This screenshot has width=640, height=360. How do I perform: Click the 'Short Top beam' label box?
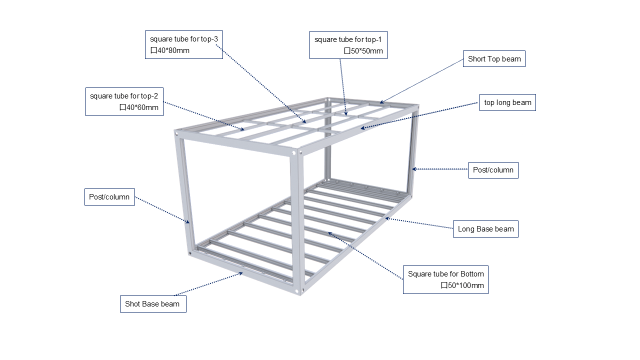pos(494,59)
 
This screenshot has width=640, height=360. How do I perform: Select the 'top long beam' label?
pos(507,102)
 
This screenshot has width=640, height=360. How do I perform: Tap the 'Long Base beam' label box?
pos(485,229)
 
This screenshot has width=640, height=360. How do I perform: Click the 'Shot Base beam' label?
pos(152,304)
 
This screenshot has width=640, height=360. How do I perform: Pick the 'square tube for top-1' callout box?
pos(348,45)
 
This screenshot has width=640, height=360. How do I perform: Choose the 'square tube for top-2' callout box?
pos(124,101)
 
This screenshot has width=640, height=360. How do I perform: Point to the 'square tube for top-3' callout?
pos(184,45)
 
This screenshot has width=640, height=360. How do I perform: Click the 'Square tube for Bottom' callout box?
pos(445,279)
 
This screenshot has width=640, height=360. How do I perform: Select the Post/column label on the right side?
pos(493,170)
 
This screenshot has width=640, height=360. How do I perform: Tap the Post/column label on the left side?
pos(109,197)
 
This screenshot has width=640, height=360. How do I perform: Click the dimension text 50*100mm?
pos(465,285)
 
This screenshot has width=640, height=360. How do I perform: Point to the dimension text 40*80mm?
pos(173,50)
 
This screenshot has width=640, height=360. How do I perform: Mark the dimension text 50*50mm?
pos(366,51)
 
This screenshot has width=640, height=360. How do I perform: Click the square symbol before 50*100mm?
pos(444,285)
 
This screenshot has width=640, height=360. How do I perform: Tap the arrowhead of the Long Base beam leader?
pos(386,218)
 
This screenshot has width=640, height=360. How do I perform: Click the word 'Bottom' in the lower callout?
pos(472,274)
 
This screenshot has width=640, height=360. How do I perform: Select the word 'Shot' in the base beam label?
pos(132,304)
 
